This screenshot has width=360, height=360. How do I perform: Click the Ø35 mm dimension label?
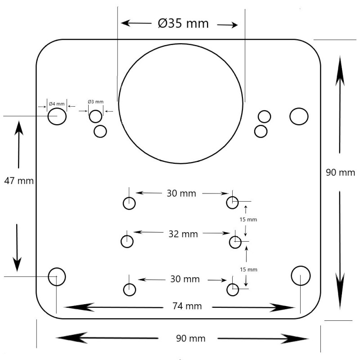[x=183, y=23]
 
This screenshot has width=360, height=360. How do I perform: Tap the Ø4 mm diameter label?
[x=57, y=104]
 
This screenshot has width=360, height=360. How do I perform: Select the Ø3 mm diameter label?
[x=95, y=102]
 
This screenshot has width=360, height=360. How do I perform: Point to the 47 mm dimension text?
[x=19, y=181]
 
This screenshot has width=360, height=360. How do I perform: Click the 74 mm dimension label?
[x=187, y=306]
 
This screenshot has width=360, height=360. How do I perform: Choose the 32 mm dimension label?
[x=183, y=234]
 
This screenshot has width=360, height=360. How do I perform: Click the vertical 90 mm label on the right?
[x=341, y=172]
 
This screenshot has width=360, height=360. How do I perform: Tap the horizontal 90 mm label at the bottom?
[x=191, y=338]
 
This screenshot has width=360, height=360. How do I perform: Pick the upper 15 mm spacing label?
[x=248, y=220]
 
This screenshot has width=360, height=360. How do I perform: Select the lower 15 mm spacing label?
[x=248, y=269]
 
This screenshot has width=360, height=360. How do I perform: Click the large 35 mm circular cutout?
[x=181, y=103]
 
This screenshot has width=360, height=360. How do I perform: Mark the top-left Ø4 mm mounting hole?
[x=57, y=116]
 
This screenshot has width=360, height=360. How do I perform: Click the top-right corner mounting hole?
[x=299, y=117]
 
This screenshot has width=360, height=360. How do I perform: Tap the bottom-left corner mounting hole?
[x=57, y=277]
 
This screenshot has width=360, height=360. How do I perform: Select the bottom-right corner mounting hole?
[x=301, y=276]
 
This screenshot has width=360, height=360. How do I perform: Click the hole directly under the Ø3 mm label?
[x=95, y=117]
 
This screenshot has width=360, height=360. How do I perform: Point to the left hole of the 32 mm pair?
[x=127, y=242]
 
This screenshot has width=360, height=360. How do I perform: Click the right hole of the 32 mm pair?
[x=235, y=242]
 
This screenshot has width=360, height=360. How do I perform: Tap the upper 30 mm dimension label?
[x=181, y=193]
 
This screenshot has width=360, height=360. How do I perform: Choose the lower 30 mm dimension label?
[x=185, y=279]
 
